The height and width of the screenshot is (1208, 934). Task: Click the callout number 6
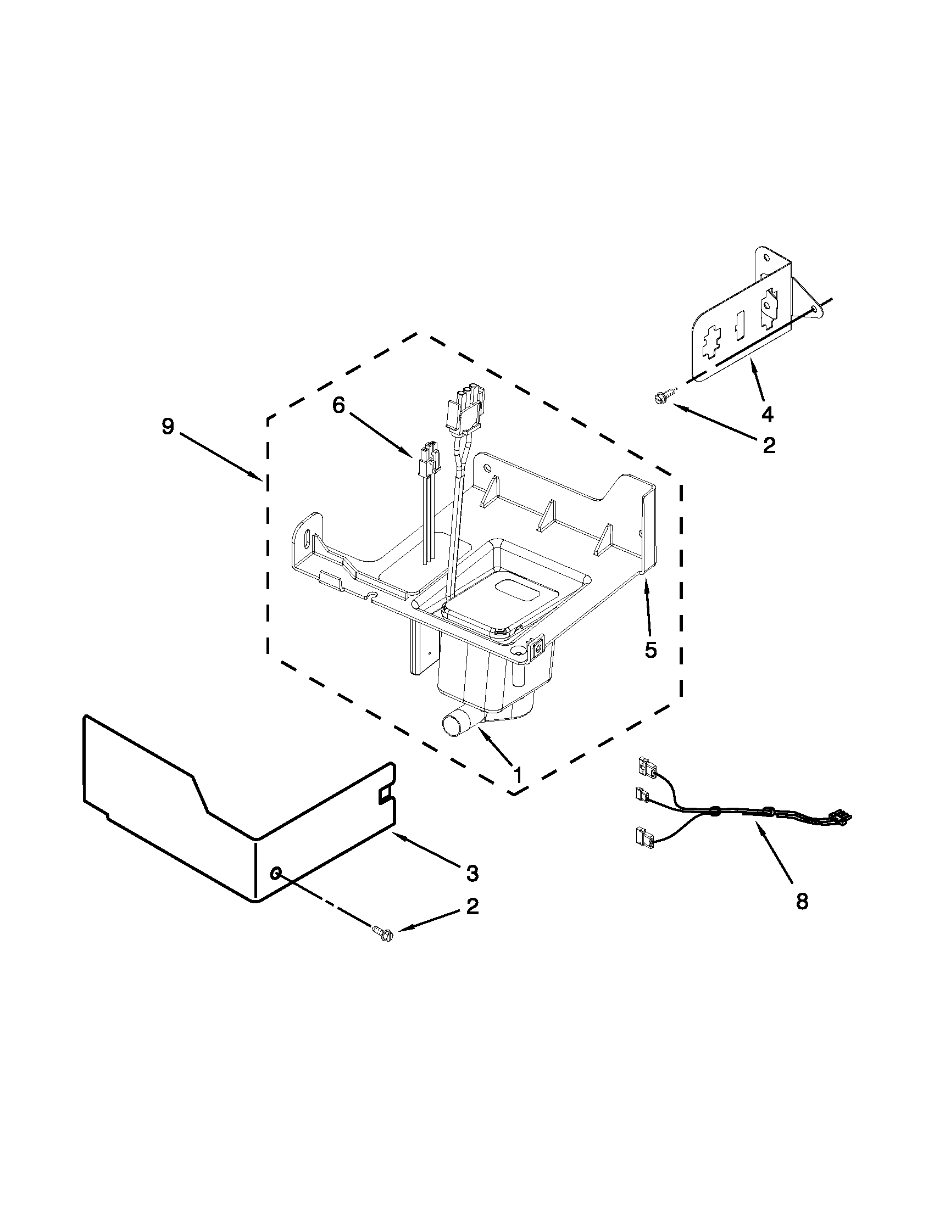(338, 405)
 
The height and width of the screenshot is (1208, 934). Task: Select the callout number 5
(651, 651)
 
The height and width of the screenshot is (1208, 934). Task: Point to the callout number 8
(802, 902)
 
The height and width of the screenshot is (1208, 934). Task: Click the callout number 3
(471, 874)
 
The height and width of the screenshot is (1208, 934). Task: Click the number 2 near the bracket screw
(769, 445)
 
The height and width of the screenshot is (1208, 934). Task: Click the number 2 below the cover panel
(472, 906)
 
